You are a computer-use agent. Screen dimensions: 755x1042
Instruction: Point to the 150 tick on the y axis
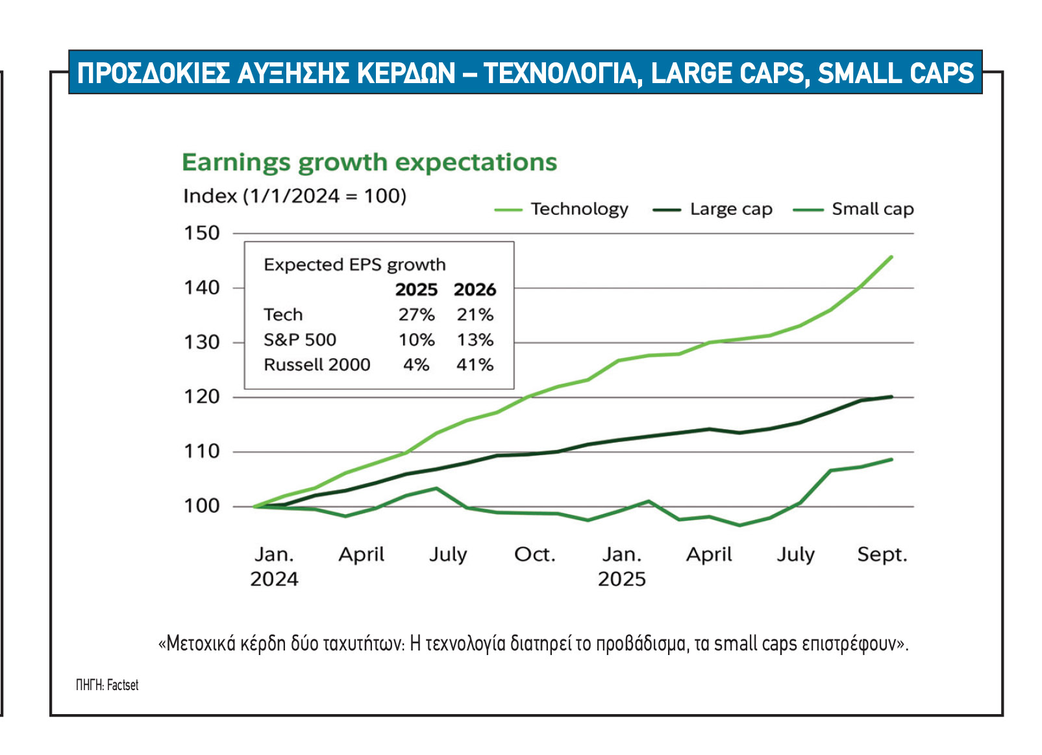(x=202, y=233)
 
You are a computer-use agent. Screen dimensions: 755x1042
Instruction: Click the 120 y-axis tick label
(x=202, y=397)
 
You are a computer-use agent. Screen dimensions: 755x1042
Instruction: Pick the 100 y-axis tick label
(x=202, y=506)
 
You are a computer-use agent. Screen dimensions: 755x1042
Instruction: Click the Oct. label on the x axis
(x=535, y=554)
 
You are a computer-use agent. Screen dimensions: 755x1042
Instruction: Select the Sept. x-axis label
(x=882, y=554)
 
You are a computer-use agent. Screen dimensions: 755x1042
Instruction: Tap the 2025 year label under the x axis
(x=621, y=579)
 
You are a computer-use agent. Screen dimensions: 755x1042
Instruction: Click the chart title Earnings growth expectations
(x=369, y=162)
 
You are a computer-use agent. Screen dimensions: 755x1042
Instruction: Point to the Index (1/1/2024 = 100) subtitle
(x=295, y=196)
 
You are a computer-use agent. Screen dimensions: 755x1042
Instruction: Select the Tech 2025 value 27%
(x=416, y=315)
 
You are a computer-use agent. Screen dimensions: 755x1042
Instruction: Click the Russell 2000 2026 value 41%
(x=475, y=365)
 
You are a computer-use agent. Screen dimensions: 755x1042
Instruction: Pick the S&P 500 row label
(x=300, y=340)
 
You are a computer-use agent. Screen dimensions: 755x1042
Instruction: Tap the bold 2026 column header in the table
(x=475, y=290)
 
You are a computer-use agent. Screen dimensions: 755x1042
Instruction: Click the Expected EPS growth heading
(x=354, y=265)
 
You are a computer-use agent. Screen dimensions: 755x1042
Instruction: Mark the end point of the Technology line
(x=891, y=257)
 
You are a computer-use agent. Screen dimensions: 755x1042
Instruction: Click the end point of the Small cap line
(x=891, y=460)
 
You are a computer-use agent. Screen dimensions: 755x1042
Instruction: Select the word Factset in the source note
(x=123, y=685)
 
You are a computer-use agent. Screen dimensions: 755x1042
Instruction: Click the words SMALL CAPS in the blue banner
(x=896, y=73)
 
